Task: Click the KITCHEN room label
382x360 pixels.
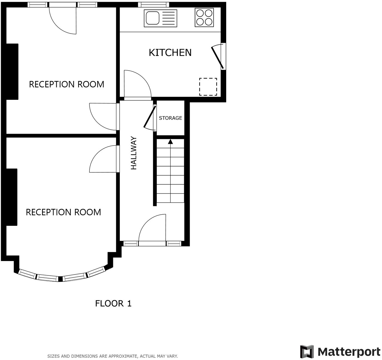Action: coord(170,53)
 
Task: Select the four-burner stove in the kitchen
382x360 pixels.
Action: coord(204,17)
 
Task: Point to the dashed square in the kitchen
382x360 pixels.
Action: coord(208,87)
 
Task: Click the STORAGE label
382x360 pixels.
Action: coord(170,118)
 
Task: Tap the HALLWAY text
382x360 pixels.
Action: coord(134,153)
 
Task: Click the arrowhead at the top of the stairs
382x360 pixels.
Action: coord(171,141)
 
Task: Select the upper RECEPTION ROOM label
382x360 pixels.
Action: coord(67,84)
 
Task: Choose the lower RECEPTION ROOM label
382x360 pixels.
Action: coord(63,212)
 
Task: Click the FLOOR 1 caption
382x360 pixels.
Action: coord(113,304)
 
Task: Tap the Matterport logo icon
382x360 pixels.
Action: coord(307,352)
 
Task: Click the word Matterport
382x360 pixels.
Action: coord(349,352)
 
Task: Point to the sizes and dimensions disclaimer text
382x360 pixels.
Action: coord(112,356)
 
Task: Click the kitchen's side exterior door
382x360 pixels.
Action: coord(218,57)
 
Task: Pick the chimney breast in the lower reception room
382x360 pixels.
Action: coord(11,197)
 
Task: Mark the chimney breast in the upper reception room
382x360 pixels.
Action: coord(12,71)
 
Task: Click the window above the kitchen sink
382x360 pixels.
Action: coord(153,5)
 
